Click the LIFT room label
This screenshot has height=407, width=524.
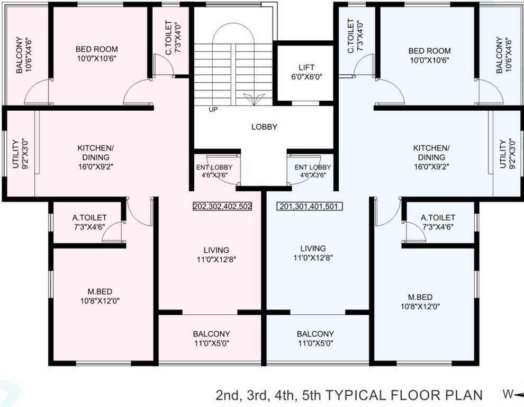pos(306,68)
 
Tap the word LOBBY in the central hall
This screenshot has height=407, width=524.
pos(264,127)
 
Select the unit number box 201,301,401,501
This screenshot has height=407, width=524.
pos(310,207)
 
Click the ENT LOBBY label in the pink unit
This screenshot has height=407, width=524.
pos(214,167)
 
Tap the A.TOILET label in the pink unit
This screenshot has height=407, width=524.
pos(89,218)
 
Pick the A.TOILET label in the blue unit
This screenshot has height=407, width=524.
pos(438,218)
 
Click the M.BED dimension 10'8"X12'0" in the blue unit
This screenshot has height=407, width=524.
pos(421,306)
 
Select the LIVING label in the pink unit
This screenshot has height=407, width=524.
pos(216,250)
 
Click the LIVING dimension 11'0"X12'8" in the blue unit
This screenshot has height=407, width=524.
pos(312,258)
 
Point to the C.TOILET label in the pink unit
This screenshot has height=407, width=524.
pos(168,38)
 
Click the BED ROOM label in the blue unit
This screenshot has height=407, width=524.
pos(429,51)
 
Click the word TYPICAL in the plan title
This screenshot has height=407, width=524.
pos(357,395)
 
